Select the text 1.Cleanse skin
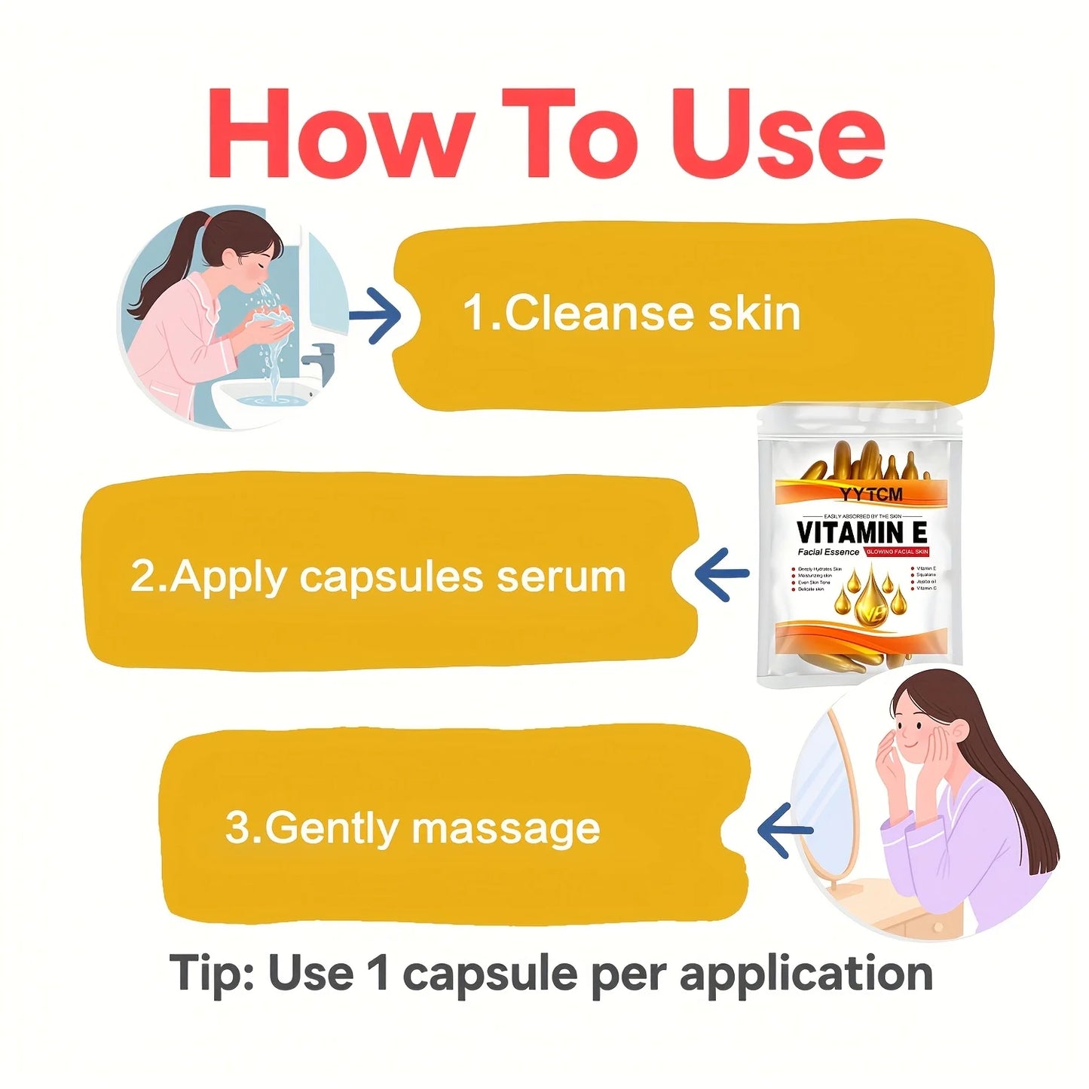[x=632, y=313]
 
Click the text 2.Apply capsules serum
[x=378, y=577]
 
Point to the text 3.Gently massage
[x=412, y=828]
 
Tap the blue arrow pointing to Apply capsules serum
[x=721, y=574]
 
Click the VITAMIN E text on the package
[x=861, y=532]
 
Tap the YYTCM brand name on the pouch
[x=870, y=494]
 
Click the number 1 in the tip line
[x=379, y=973]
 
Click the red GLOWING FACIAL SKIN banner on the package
[x=897, y=552]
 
